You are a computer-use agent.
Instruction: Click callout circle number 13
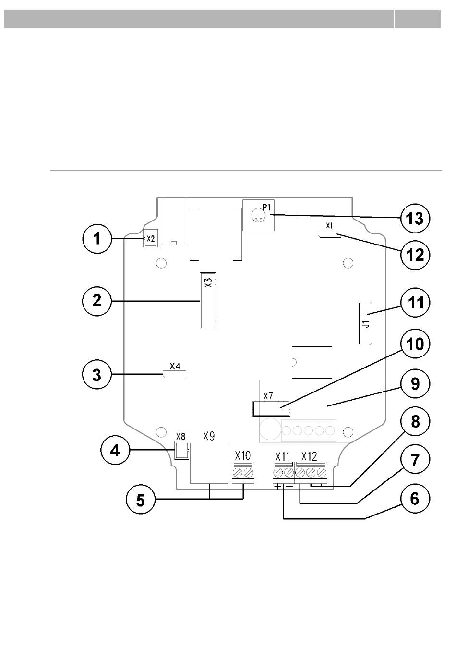click(x=415, y=219)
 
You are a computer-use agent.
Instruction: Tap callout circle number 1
click(x=97, y=239)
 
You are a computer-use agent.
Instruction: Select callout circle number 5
click(x=141, y=500)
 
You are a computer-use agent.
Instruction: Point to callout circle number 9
click(x=415, y=384)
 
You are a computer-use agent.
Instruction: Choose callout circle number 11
click(x=415, y=303)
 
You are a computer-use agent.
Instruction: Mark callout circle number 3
click(x=97, y=375)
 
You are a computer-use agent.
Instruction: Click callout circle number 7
click(x=415, y=460)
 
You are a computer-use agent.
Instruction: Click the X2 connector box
click(x=151, y=238)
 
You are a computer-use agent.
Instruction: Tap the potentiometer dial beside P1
click(x=258, y=215)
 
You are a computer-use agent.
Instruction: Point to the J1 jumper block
click(x=365, y=323)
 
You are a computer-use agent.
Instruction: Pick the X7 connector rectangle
click(x=271, y=408)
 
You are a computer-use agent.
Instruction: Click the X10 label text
click(x=243, y=455)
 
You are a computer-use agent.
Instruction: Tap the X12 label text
click(x=309, y=456)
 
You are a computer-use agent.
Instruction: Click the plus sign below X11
click(x=277, y=487)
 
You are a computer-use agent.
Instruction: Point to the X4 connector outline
click(x=174, y=374)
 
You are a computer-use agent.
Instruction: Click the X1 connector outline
click(x=329, y=234)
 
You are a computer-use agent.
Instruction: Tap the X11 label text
click(x=282, y=456)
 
